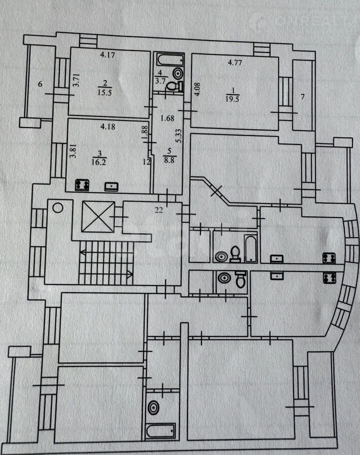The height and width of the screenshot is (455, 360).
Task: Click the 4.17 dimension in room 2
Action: [x=107, y=54]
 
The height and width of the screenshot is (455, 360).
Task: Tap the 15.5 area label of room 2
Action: [x=104, y=93]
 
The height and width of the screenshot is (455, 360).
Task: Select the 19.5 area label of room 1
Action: [x=232, y=99]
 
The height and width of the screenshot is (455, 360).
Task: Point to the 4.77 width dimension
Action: [x=234, y=62]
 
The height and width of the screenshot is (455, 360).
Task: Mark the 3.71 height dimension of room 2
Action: [x=76, y=80]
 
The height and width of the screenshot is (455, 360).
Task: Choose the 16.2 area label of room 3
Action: [x=98, y=162]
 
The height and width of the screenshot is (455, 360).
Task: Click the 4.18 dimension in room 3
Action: [x=107, y=126]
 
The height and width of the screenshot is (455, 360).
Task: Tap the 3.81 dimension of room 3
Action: [x=73, y=151]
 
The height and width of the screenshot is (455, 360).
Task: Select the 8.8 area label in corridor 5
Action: [x=169, y=160]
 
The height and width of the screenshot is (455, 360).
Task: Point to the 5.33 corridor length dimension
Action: [x=179, y=135]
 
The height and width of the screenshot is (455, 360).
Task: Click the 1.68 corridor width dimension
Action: [x=167, y=118]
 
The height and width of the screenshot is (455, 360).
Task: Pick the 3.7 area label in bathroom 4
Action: [x=160, y=80]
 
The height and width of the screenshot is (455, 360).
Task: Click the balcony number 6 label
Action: [x=40, y=84]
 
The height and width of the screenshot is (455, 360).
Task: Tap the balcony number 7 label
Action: [x=302, y=96]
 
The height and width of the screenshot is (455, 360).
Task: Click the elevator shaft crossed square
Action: [x=98, y=216]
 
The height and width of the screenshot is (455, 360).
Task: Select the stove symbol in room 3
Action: [x=82, y=185]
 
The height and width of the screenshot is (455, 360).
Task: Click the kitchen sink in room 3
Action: [x=111, y=186]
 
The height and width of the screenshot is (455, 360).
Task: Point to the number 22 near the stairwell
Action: [x=158, y=210]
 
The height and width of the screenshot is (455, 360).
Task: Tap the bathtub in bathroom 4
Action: [x=170, y=60]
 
